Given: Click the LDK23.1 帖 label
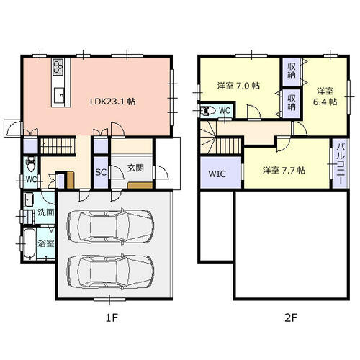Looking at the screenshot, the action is pos(112,102).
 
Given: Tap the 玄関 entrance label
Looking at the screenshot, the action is pos(135,168).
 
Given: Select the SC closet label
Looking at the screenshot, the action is pos(101,172).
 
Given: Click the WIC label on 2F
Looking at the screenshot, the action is pos(217,174).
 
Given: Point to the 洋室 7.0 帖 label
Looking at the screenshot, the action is pos(238,86).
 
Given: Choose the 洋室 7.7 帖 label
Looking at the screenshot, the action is pos(284,170).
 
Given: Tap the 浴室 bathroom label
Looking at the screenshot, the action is pos(46,243).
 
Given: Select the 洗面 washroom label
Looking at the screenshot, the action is pos(46,212).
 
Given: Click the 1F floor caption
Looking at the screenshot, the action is pos(112,318).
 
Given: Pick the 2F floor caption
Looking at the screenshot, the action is pos(291,318).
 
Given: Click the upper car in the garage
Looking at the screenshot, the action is pos(110,227).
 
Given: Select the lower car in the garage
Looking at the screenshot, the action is pos(110,273).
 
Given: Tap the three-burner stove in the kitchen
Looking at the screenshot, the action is pos(58,66).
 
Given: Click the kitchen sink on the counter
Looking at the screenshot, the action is pos(59,95).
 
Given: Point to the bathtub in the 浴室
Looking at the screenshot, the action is pos(30,243).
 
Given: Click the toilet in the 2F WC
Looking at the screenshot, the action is pos(208,111).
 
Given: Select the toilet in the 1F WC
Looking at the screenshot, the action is pos(31,163).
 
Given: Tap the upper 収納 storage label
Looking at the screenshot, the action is pos(292,71).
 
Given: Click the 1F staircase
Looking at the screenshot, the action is pos(57,145).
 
